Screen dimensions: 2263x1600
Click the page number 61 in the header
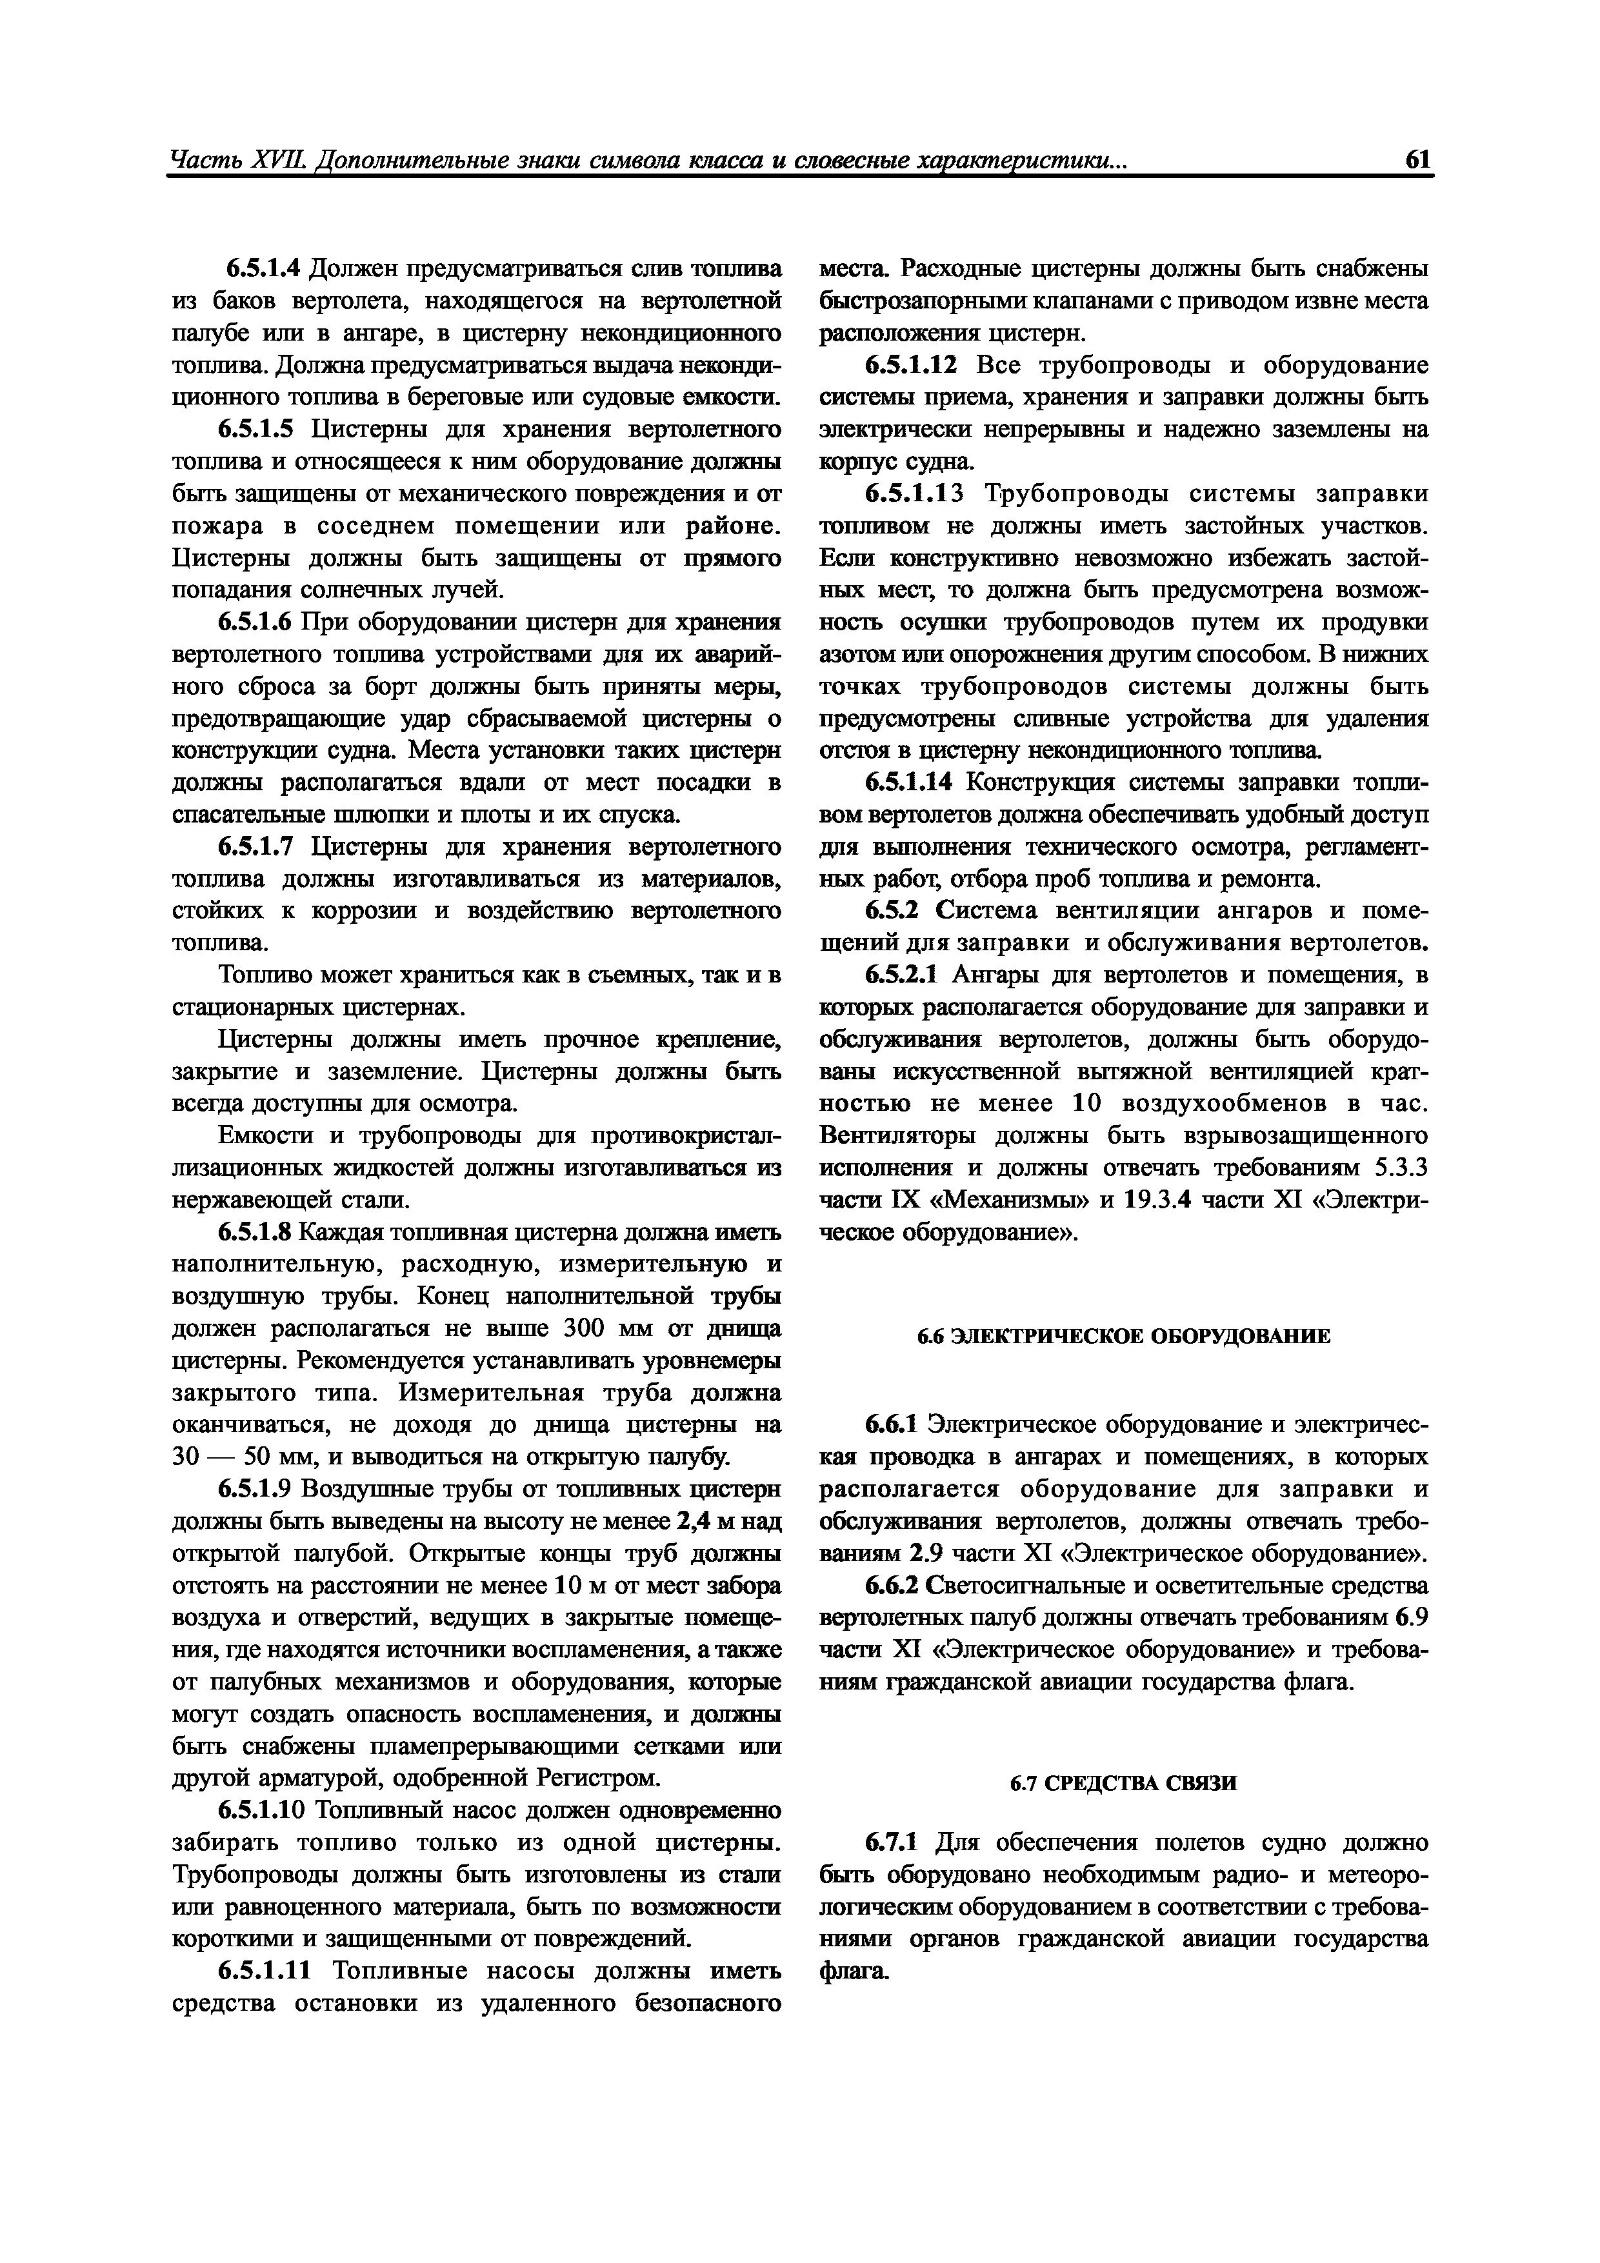(1417, 160)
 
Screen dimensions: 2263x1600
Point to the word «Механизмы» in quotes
(1008, 1201)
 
